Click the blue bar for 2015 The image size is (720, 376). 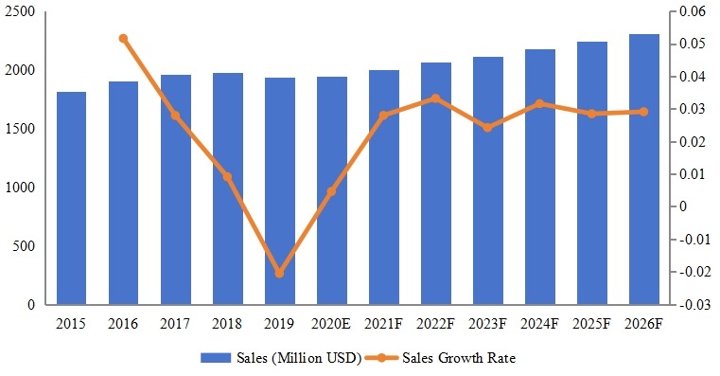click(x=71, y=199)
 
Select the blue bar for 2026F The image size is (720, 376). click(x=644, y=170)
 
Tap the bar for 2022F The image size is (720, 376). click(x=435, y=184)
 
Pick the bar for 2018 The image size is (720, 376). click(x=227, y=189)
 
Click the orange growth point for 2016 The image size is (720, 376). click(x=123, y=39)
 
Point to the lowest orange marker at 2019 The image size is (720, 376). click(x=279, y=273)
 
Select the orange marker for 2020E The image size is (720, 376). click(x=331, y=192)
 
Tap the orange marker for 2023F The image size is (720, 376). click(x=487, y=127)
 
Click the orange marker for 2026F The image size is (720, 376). click(x=644, y=112)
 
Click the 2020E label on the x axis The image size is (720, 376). click(x=331, y=324)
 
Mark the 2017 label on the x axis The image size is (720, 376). click(x=175, y=324)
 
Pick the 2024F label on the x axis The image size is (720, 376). click(x=539, y=324)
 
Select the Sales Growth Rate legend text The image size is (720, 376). click(x=459, y=358)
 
